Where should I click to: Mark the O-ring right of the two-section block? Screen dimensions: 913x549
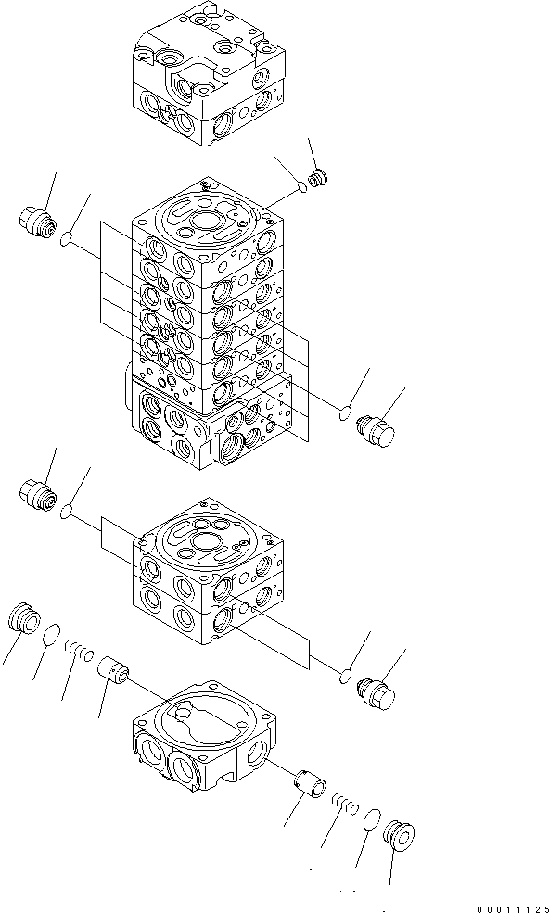click(x=344, y=676)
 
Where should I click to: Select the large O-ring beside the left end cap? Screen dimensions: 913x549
click(x=54, y=634)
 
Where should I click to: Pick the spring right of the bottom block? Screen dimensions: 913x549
click(x=344, y=805)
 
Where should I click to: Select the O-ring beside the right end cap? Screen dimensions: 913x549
click(x=371, y=819)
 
